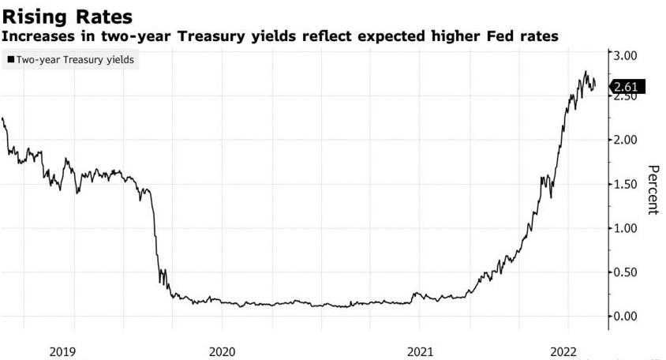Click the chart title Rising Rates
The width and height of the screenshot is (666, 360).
(67, 15)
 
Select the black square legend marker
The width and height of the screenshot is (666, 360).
(9, 59)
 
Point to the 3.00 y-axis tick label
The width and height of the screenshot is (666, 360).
(631, 55)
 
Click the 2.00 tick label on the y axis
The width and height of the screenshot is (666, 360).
(631, 140)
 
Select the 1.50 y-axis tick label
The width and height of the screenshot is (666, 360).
(631, 184)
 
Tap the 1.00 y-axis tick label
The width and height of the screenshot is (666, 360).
(631, 228)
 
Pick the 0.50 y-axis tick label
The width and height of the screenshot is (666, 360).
(631, 272)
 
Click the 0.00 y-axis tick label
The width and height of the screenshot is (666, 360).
(631, 317)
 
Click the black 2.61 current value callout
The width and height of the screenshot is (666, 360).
(629, 87)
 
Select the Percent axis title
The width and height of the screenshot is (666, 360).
(653, 189)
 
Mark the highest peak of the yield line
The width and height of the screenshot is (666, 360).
(586, 72)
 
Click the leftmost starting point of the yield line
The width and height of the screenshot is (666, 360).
(3, 118)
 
